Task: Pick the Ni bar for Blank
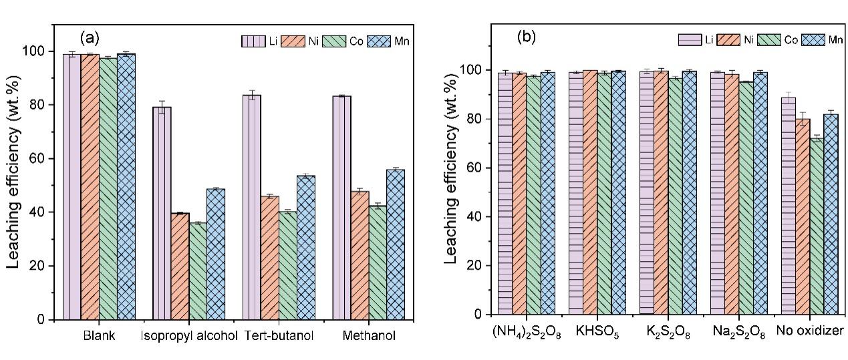(x=90, y=187)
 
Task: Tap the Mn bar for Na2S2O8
(x=759, y=193)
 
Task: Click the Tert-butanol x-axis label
(x=273, y=335)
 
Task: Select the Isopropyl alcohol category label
(x=190, y=335)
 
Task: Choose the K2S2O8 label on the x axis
(x=668, y=333)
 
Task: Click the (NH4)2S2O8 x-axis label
(x=526, y=333)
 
